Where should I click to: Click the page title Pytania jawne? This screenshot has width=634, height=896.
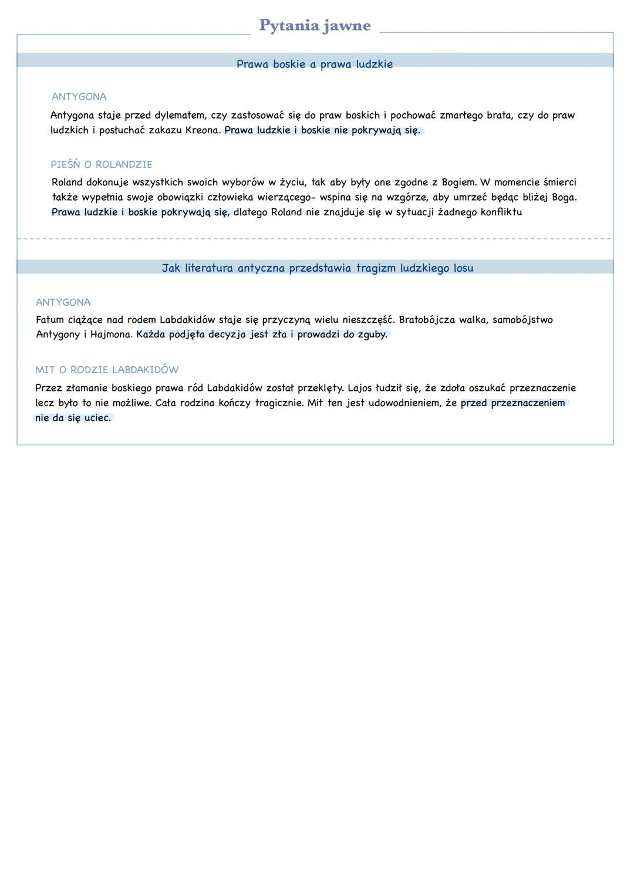click(x=315, y=25)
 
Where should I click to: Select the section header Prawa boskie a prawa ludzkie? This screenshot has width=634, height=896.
click(x=315, y=64)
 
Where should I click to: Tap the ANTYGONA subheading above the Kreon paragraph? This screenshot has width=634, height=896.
click(x=79, y=97)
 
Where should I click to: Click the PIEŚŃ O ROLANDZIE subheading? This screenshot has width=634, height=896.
click(x=102, y=164)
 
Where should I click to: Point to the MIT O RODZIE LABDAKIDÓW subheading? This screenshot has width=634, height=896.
click(x=107, y=370)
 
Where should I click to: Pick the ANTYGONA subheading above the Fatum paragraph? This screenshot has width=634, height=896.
click(x=63, y=302)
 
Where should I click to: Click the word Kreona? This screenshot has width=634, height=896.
click(x=203, y=130)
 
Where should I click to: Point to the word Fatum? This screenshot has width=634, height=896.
click(x=49, y=320)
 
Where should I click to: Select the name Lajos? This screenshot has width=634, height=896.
click(x=360, y=388)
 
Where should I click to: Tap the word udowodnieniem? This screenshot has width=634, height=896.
click(x=404, y=403)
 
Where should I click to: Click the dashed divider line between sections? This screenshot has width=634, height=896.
click(x=315, y=239)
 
